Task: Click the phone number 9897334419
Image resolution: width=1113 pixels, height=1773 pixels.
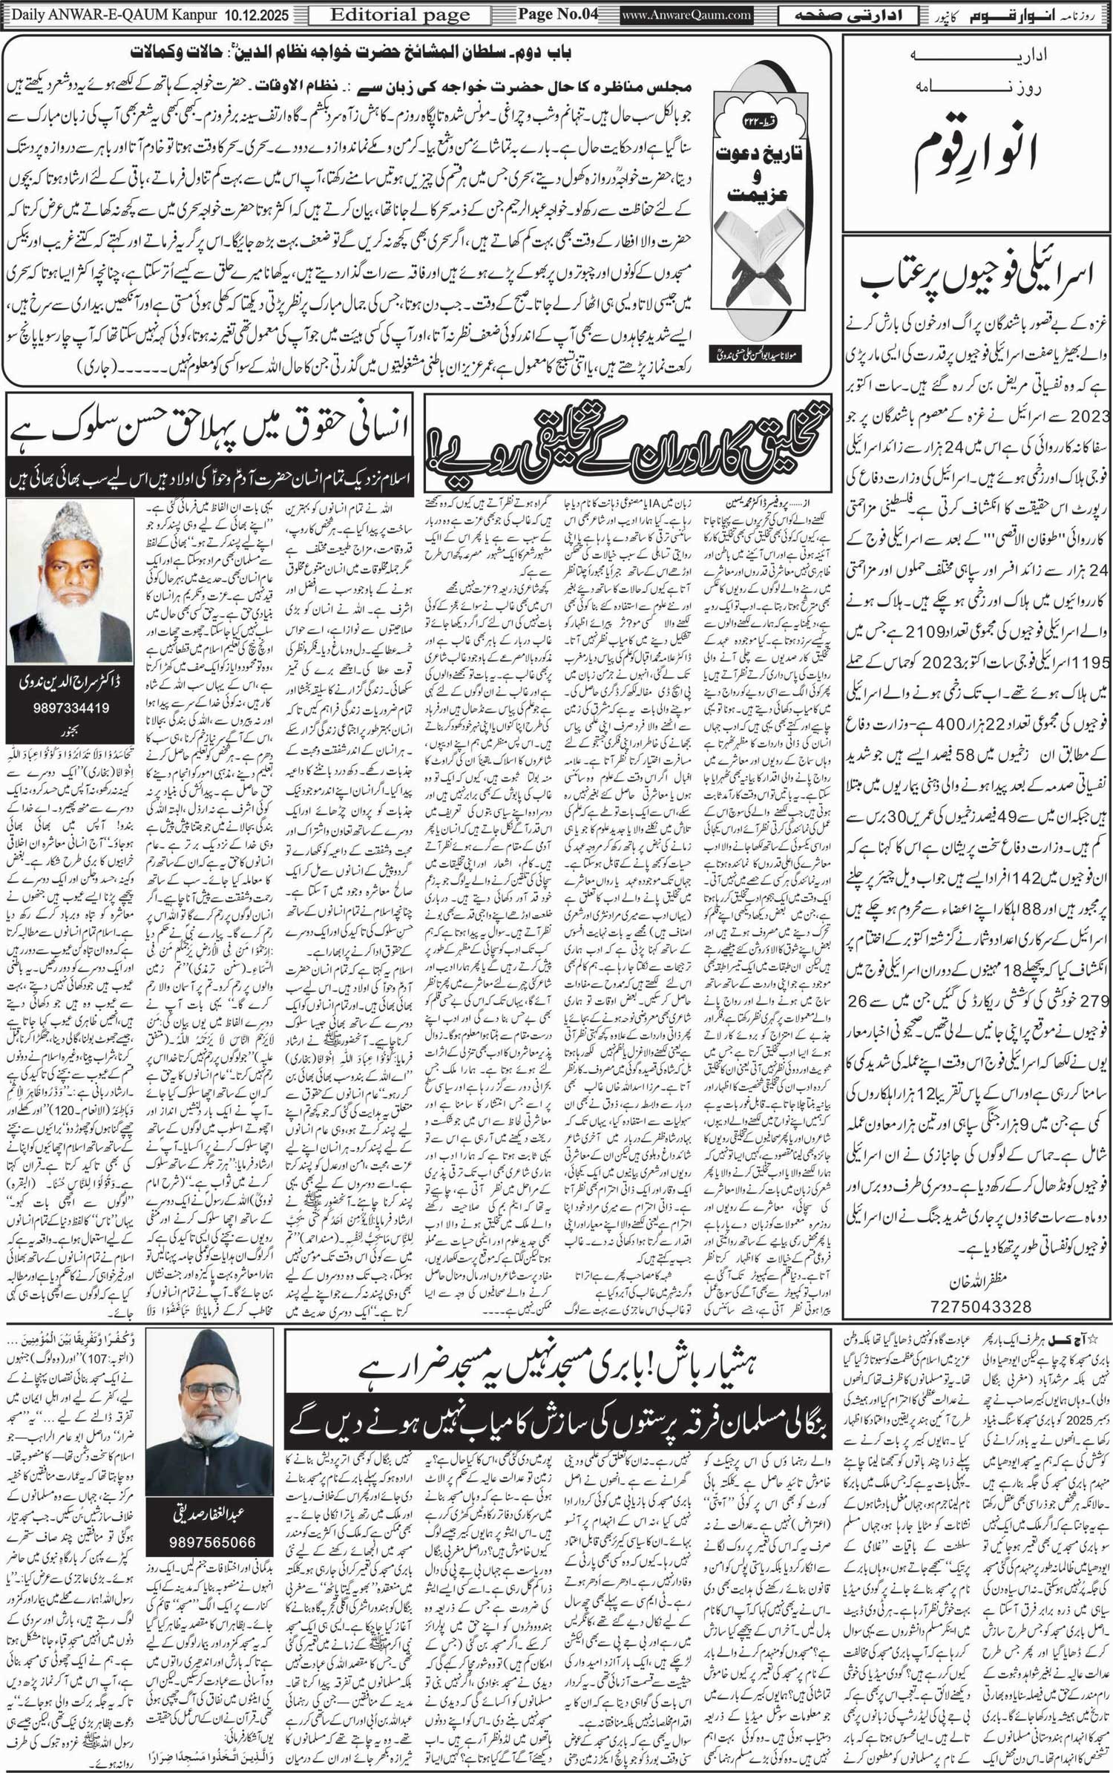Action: click(x=71, y=707)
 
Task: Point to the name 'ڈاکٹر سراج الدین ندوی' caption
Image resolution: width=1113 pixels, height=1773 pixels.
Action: click(x=71, y=684)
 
